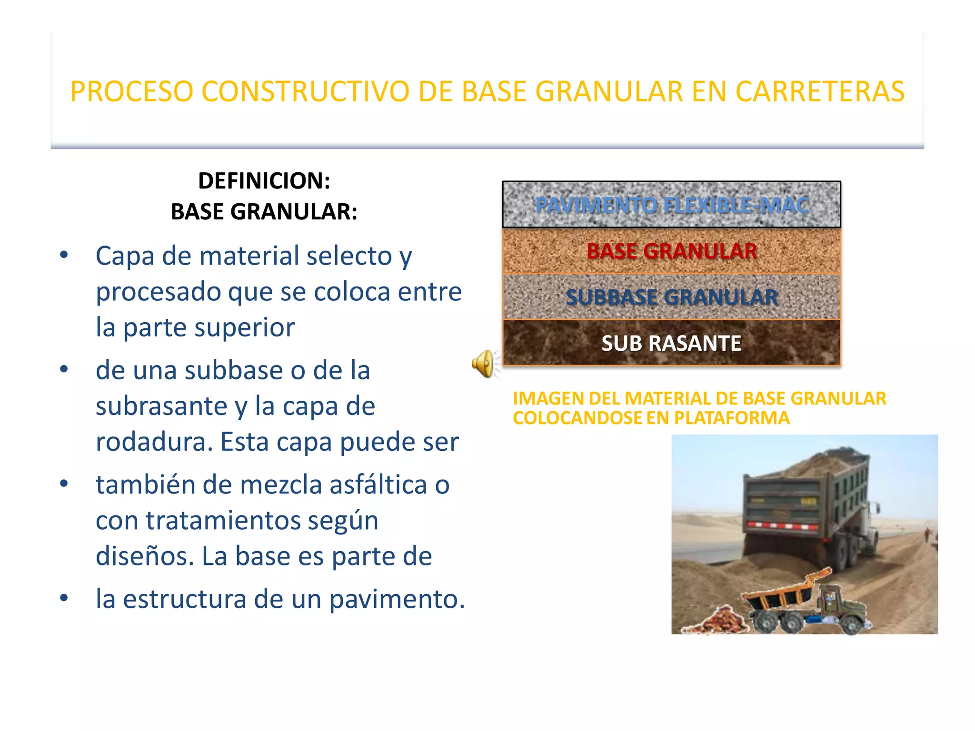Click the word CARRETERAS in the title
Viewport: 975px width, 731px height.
pyautogui.click(x=820, y=91)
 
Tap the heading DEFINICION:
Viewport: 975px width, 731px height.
pyautogui.click(x=264, y=181)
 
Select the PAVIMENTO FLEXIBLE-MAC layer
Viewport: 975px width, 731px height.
pyautogui.click(x=671, y=205)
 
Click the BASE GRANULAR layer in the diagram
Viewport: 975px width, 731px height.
pyautogui.click(x=671, y=251)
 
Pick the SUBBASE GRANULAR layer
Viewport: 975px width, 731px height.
pyautogui.click(x=671, y=297)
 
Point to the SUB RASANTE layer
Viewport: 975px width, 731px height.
pyautogui.click(x=671, y=343)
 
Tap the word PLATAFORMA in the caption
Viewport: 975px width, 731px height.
pyautogui.click(x=732, y=418)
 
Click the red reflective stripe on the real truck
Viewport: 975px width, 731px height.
pyautogui.click(x=781, y=525)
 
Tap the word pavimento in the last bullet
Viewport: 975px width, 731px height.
pyautogui.click(x=397, y=599)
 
